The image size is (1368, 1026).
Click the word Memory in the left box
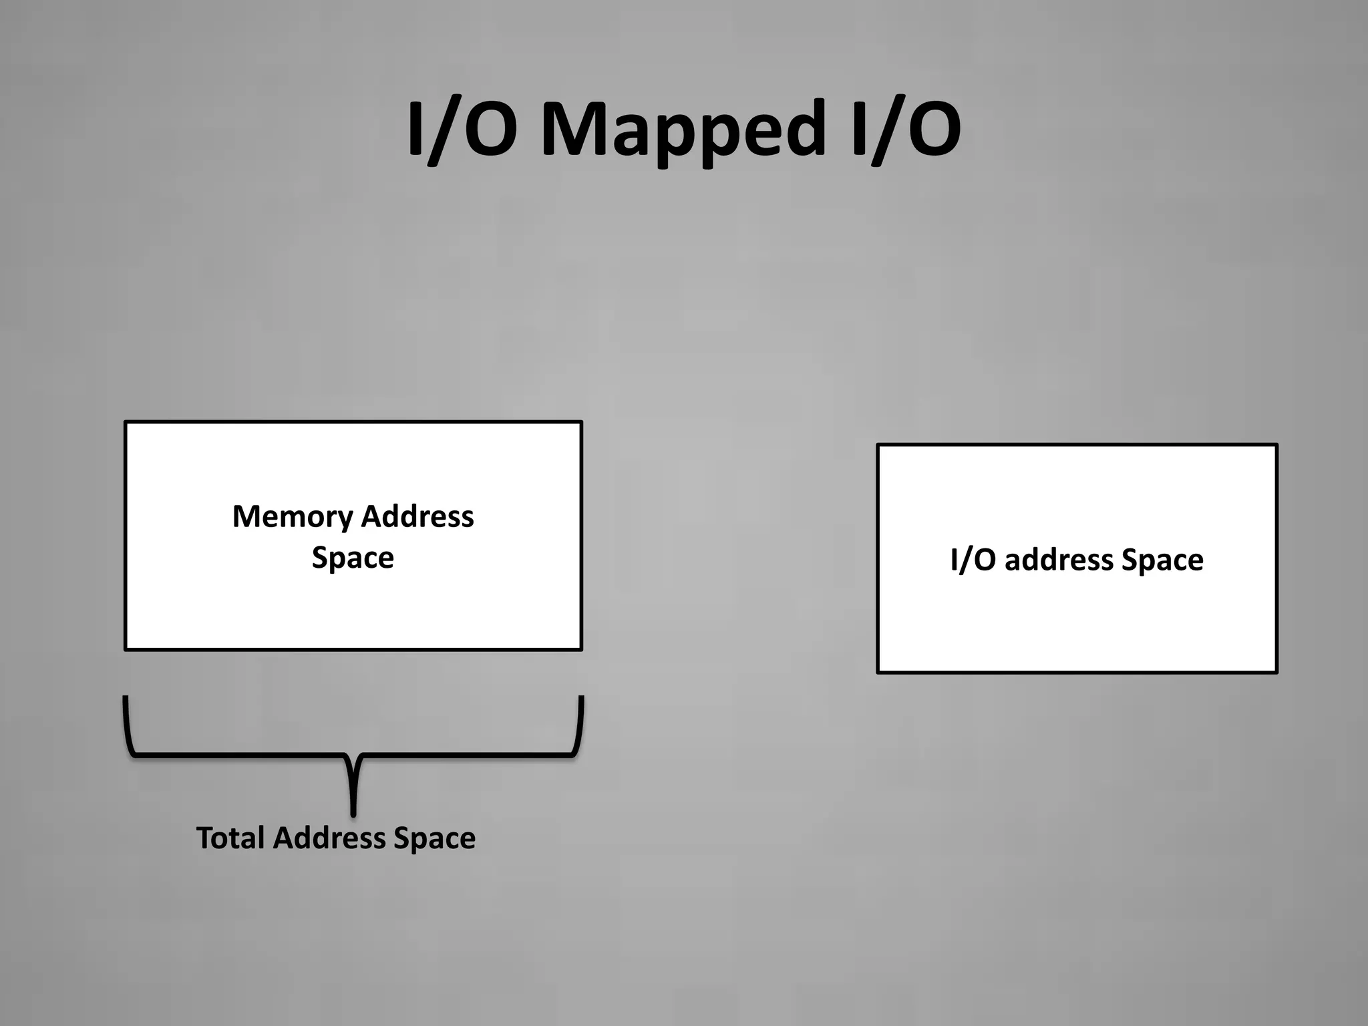(x=292, y=517)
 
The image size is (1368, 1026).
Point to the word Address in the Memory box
(x=417, y=517)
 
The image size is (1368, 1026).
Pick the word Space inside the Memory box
(x=353, y=558)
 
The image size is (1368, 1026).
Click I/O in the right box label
(x=973, y=560)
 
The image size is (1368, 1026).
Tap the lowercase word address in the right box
(x=1058, y=560)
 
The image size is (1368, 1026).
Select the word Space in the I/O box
(x=1162, y=560)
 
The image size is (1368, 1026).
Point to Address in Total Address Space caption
(x=329, y=838)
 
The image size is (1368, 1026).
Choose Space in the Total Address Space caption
(x=434, y=838)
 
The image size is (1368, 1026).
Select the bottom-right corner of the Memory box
(x=581, y=649)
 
